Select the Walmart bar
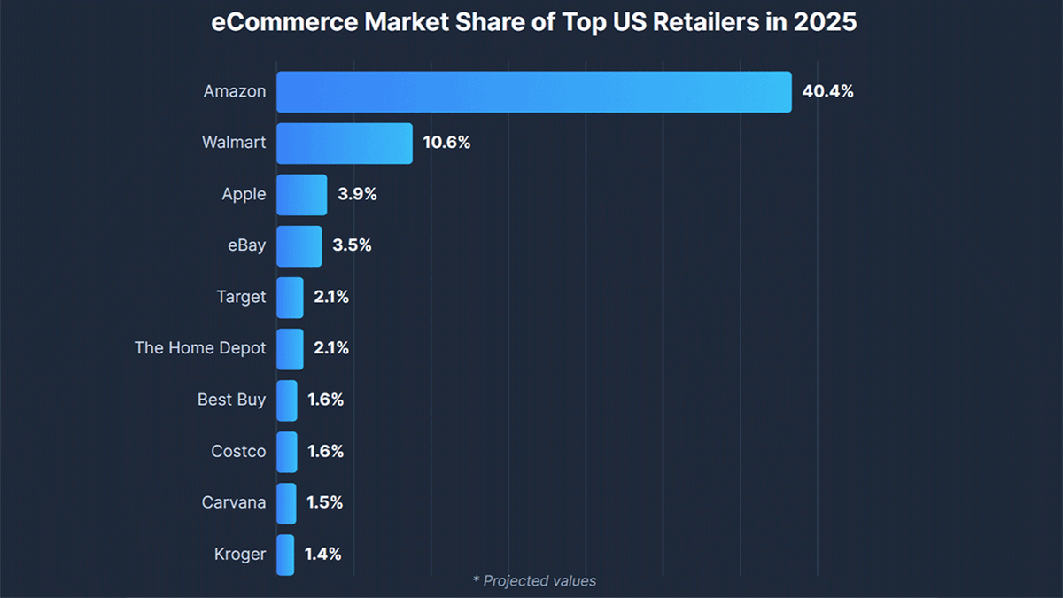[345, 144]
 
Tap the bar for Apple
[301, 195]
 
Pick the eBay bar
[299, 246]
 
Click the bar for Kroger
[285, 555]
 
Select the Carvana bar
[286, 503]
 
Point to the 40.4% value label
[827, 91]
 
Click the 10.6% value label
[446, 144]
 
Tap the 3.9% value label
[357, 195]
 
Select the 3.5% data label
[352, 246]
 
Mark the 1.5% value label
[325, 503]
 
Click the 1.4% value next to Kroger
[323, 555]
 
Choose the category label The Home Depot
[200, 348]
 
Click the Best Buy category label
[231, 400]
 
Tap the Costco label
[238, 451]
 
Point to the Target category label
[241, 297]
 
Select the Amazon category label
[235, 91]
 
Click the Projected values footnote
[534, 581]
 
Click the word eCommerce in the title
[282, 23]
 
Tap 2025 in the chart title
[826, 22]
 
